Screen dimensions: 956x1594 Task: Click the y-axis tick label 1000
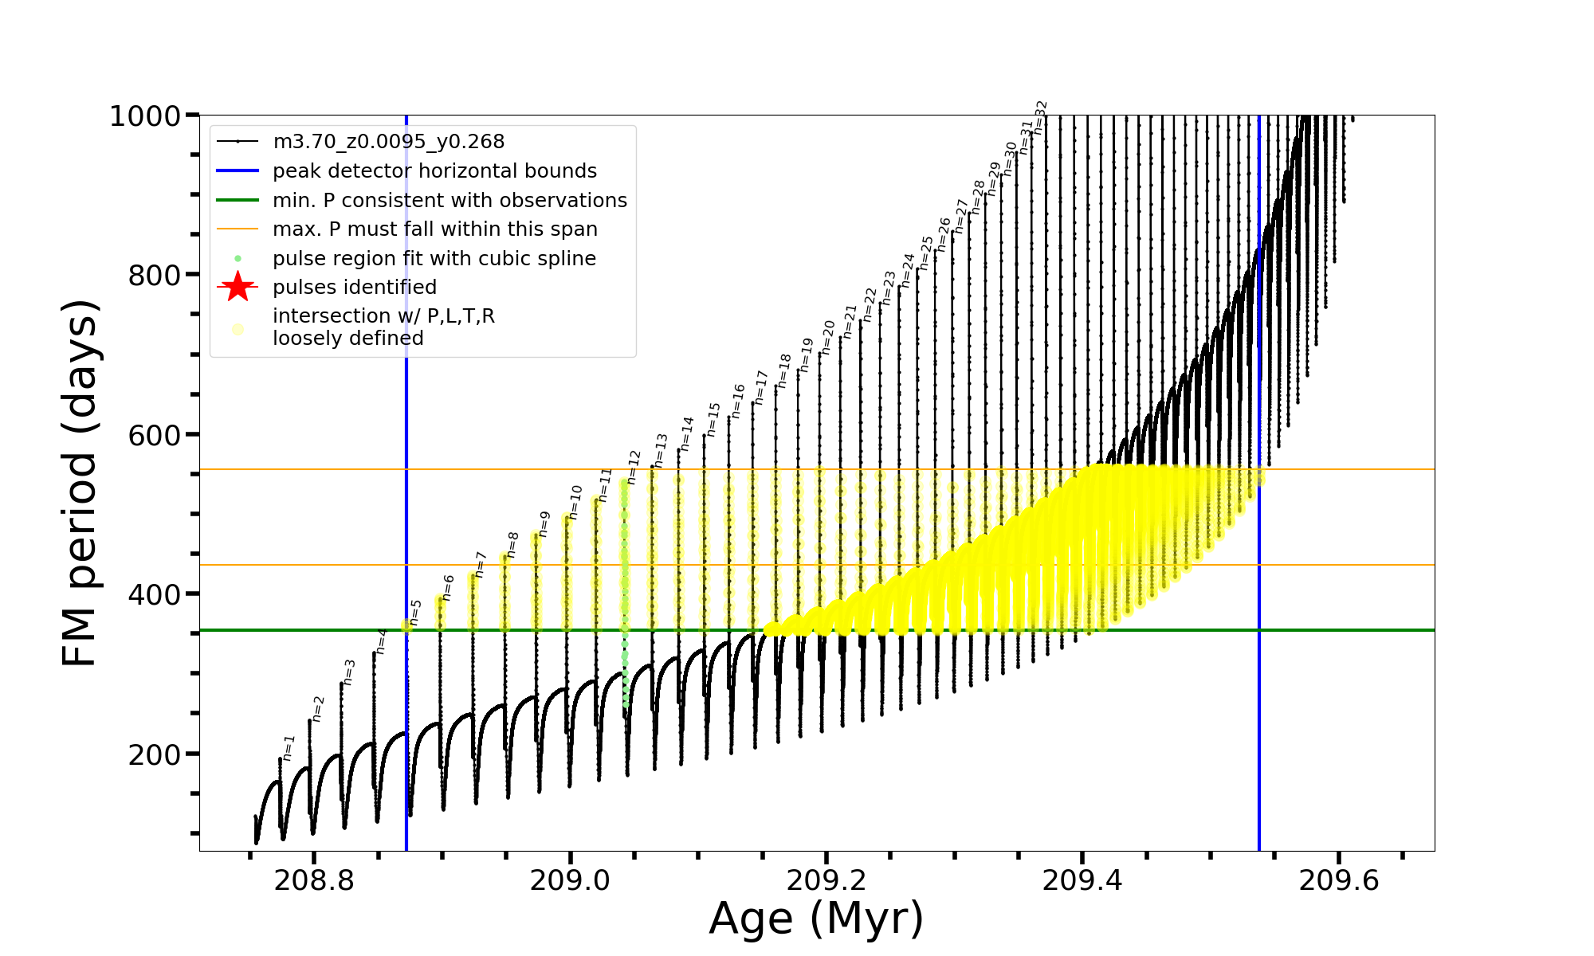(x=145, y=116)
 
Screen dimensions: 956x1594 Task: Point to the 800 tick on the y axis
(x=154, y=276)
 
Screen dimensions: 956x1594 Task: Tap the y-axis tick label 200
(x=154, y=754)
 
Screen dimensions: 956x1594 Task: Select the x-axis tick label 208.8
(x=314, y=880)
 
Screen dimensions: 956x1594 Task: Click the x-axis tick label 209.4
(x=1082, y=880)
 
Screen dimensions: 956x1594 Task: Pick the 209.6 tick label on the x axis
(x=1338, y=880)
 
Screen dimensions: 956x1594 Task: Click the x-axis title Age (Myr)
(x=816, y=919)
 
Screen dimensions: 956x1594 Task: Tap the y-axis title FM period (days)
(x=80, y=483)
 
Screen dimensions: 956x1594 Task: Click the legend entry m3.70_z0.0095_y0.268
(x=388, y=142)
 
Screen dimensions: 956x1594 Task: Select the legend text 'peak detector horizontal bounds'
(x=434, y=171)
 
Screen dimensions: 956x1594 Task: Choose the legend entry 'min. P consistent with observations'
(x=450, y=200)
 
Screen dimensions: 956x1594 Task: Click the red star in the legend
(x=238, y=287)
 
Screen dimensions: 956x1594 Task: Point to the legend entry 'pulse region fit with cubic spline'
(x=434, y=258)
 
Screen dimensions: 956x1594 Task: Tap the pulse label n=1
(x=289, y=747)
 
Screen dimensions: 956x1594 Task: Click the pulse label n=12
(x=634, y=467)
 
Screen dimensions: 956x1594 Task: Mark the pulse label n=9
(x=544, y=523)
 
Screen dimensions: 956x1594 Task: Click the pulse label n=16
(x=738, y=401)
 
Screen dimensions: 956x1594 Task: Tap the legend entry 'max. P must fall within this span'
(x=434, y=229)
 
